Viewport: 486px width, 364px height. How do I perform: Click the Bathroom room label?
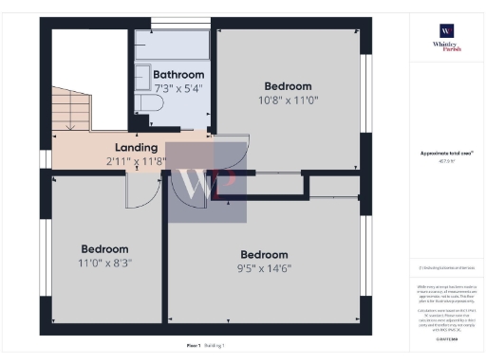tap(178, 75)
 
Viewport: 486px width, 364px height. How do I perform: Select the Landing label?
tap(136, 148)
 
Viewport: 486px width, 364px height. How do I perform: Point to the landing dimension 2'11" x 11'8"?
tap(136, 161)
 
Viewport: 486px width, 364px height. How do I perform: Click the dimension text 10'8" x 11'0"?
tap(289, 100)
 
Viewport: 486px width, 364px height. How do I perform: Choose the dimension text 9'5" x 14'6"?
tap(265, 268)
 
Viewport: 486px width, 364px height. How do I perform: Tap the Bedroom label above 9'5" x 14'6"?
tap(265, 254)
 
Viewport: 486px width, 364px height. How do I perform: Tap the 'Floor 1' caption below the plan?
tap(193, 346)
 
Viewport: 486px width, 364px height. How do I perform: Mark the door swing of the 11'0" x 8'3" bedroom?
tap(140, 191)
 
